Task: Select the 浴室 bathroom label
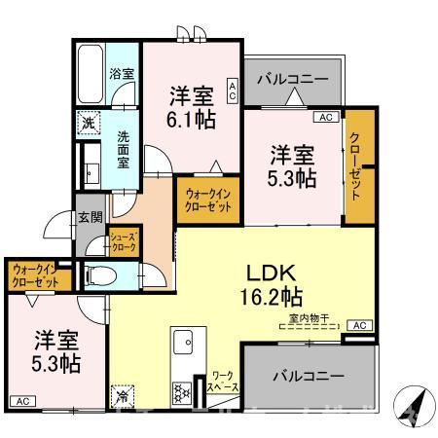coord(121,74)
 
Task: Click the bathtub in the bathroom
coord(89,73)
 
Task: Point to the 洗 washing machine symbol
coord(89,124)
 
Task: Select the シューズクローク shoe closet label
coord(123,241)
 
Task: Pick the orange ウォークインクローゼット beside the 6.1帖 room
coord(208,201)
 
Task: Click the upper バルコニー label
coord(293,78)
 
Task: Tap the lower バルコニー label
coord(307,375)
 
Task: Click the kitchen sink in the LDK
coord(182,342)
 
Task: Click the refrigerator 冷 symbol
coord(124,396)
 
